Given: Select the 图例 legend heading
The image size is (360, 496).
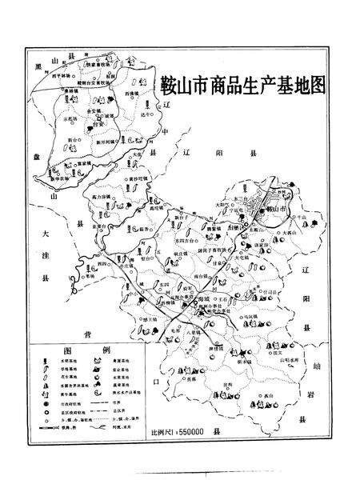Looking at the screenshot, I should (83, 353).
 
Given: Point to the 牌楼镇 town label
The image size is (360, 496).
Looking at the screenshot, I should (217, 349).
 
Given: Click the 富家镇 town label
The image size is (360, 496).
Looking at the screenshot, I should (83, 163).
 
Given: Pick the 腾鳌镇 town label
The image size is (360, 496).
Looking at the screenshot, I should (213, 228).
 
